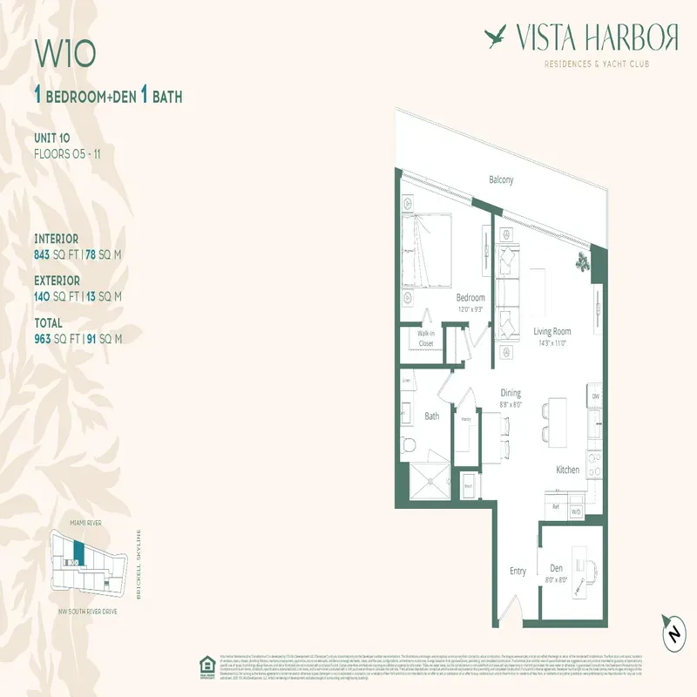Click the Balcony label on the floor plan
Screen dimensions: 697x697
tap(500, 180)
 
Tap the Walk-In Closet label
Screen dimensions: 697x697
tap(426, 338)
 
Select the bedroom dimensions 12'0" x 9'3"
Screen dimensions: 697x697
tap(470, 309)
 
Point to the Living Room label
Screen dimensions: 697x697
tap(552, 331)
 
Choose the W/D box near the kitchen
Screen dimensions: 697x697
tap(575, 511)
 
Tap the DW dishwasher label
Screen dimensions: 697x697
tap(596, 396)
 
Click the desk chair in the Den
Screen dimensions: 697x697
tap(592, 567)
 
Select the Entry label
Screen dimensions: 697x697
tap(518, 572)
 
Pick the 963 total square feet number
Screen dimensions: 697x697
tap(44, 339)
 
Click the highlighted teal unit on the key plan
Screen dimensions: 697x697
tap(79, 552)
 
